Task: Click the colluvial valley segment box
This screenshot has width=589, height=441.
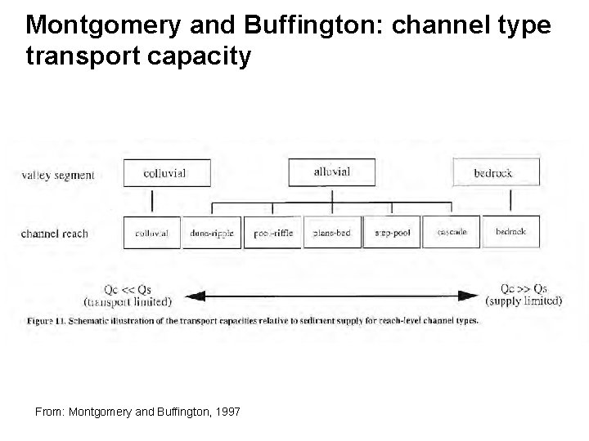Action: [x=164, y=173]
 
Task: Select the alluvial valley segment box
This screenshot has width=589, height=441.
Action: [x=331, y=172]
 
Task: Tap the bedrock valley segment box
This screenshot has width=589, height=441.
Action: [x=496, y=172]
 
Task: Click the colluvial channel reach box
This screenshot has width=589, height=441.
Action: [x=151, y=233]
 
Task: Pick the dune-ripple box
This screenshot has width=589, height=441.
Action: [x=211, y=233]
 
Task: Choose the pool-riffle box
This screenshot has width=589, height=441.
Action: [x=272, y=233]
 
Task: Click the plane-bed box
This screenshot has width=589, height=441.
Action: [x=331, y=233]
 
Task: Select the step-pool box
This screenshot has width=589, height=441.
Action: [x=392, y=233]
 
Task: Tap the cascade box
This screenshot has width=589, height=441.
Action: [x=452, y=233]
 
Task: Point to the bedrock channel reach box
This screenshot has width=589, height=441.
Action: [x=510, y=233]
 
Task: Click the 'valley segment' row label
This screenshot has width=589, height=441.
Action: [x=58, y=175]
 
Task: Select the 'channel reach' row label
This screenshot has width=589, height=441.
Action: [x=55, y=234]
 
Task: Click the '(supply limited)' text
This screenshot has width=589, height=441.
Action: [x=524, y=301]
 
